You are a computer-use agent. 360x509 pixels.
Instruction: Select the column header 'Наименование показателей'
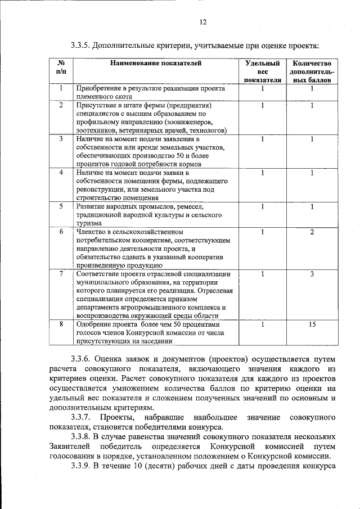pos(155,64)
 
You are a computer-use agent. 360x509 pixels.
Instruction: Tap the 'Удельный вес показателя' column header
pos(262,72)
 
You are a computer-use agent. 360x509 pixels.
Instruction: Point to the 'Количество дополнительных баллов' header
pos(312,72)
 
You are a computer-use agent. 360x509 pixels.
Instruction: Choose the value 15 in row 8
pos(312,325)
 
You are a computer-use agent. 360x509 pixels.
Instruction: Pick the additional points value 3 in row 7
pos(312,274)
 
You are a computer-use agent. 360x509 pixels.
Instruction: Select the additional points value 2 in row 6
pos(312,232)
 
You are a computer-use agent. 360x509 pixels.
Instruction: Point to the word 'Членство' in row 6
pos(91,232)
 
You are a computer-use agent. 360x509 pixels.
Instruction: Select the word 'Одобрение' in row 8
pos(94,325)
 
